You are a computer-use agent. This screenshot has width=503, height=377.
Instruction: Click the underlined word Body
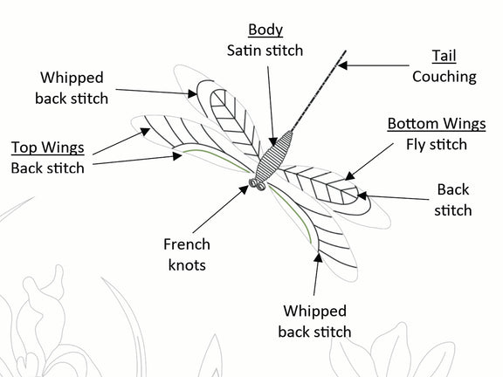pos(265,30)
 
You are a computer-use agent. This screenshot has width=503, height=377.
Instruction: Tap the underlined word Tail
pos(444,56)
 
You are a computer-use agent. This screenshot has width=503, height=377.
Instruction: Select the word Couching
pos(444,78)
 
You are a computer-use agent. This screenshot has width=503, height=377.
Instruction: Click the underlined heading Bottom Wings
pos(437,124)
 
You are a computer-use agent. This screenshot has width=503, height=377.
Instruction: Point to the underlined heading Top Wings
pos(48,147)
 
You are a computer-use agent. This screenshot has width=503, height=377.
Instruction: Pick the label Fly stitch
pos(437,145)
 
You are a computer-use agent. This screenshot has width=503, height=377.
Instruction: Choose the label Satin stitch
pos(265,51)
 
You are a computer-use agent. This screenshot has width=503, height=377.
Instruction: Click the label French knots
pos(187,255)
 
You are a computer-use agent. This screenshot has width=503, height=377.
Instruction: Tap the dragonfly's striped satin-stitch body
pos(275,156)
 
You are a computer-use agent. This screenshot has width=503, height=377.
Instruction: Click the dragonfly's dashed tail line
pos(319,91)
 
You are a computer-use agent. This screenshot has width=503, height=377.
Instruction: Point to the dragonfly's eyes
pos(258,184)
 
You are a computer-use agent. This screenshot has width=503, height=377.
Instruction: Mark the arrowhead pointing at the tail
pos(342,65)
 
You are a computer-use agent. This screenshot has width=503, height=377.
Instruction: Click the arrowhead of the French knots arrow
pos(245,189)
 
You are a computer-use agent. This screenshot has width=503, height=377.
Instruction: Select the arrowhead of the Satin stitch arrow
pos(273,142)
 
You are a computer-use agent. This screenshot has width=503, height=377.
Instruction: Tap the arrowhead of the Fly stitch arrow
pos(349,176)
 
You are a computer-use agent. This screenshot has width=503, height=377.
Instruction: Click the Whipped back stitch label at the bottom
pos(314,321)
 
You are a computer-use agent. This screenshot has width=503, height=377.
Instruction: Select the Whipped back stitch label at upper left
pos(72,88)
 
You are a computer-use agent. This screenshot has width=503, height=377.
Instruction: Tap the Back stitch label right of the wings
pos(452,201)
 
